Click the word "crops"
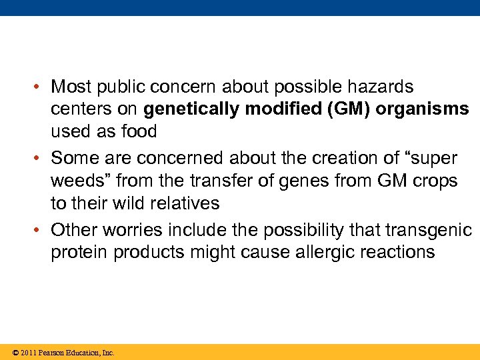click(x=434, y=181)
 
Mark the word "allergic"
click(x=328, y=253)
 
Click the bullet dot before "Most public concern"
click(x=41, y=87)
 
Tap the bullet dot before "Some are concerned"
click(x=41, y=159)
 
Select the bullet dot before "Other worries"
click(x=41, y=231)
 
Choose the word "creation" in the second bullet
click(x=285, y=159)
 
